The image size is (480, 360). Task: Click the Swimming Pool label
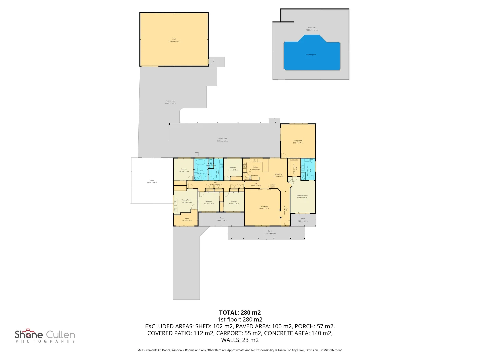point(311,55)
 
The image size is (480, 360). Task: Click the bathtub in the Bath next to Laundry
point(201,162)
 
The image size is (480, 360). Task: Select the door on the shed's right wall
point(210,62)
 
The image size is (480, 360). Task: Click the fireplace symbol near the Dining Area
point(273,186)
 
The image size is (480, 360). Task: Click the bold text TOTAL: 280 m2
point(240,313)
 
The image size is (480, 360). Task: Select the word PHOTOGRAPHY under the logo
point(45,341)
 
